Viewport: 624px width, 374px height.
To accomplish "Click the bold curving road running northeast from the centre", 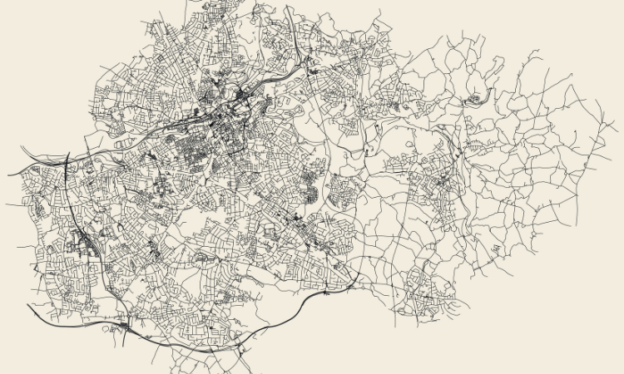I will pos(283,79).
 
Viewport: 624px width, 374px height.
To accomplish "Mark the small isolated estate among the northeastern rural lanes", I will pos(475,101).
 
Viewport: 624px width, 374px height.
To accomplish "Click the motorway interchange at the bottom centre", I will pos(241,341).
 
